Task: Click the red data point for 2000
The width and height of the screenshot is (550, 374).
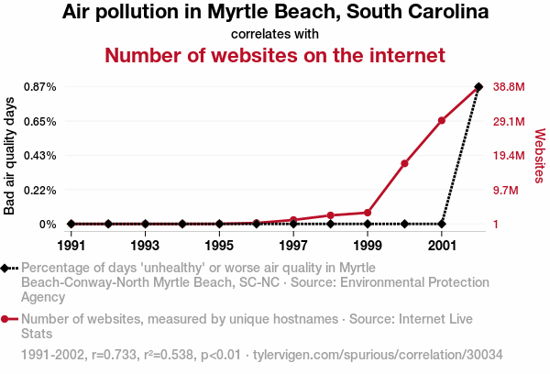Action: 404,163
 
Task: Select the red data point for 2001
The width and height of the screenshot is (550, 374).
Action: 442,120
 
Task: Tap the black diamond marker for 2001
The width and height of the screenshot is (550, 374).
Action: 442,224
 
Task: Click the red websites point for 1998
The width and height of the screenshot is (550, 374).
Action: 330,215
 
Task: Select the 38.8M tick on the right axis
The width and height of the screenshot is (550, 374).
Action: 508,87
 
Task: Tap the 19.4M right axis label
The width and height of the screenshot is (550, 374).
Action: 508,156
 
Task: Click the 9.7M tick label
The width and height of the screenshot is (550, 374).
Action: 506,191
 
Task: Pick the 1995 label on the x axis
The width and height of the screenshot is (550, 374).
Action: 219,246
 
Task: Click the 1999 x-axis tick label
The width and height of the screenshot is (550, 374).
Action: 368,246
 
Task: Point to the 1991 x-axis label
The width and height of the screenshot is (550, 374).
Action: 71,246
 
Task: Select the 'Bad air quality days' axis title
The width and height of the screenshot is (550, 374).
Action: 10,155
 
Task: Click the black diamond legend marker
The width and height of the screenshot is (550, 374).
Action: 6,268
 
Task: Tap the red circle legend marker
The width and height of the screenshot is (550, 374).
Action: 6,319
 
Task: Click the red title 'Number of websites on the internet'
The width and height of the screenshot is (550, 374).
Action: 275,55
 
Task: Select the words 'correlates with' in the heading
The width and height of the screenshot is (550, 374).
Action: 275,34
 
